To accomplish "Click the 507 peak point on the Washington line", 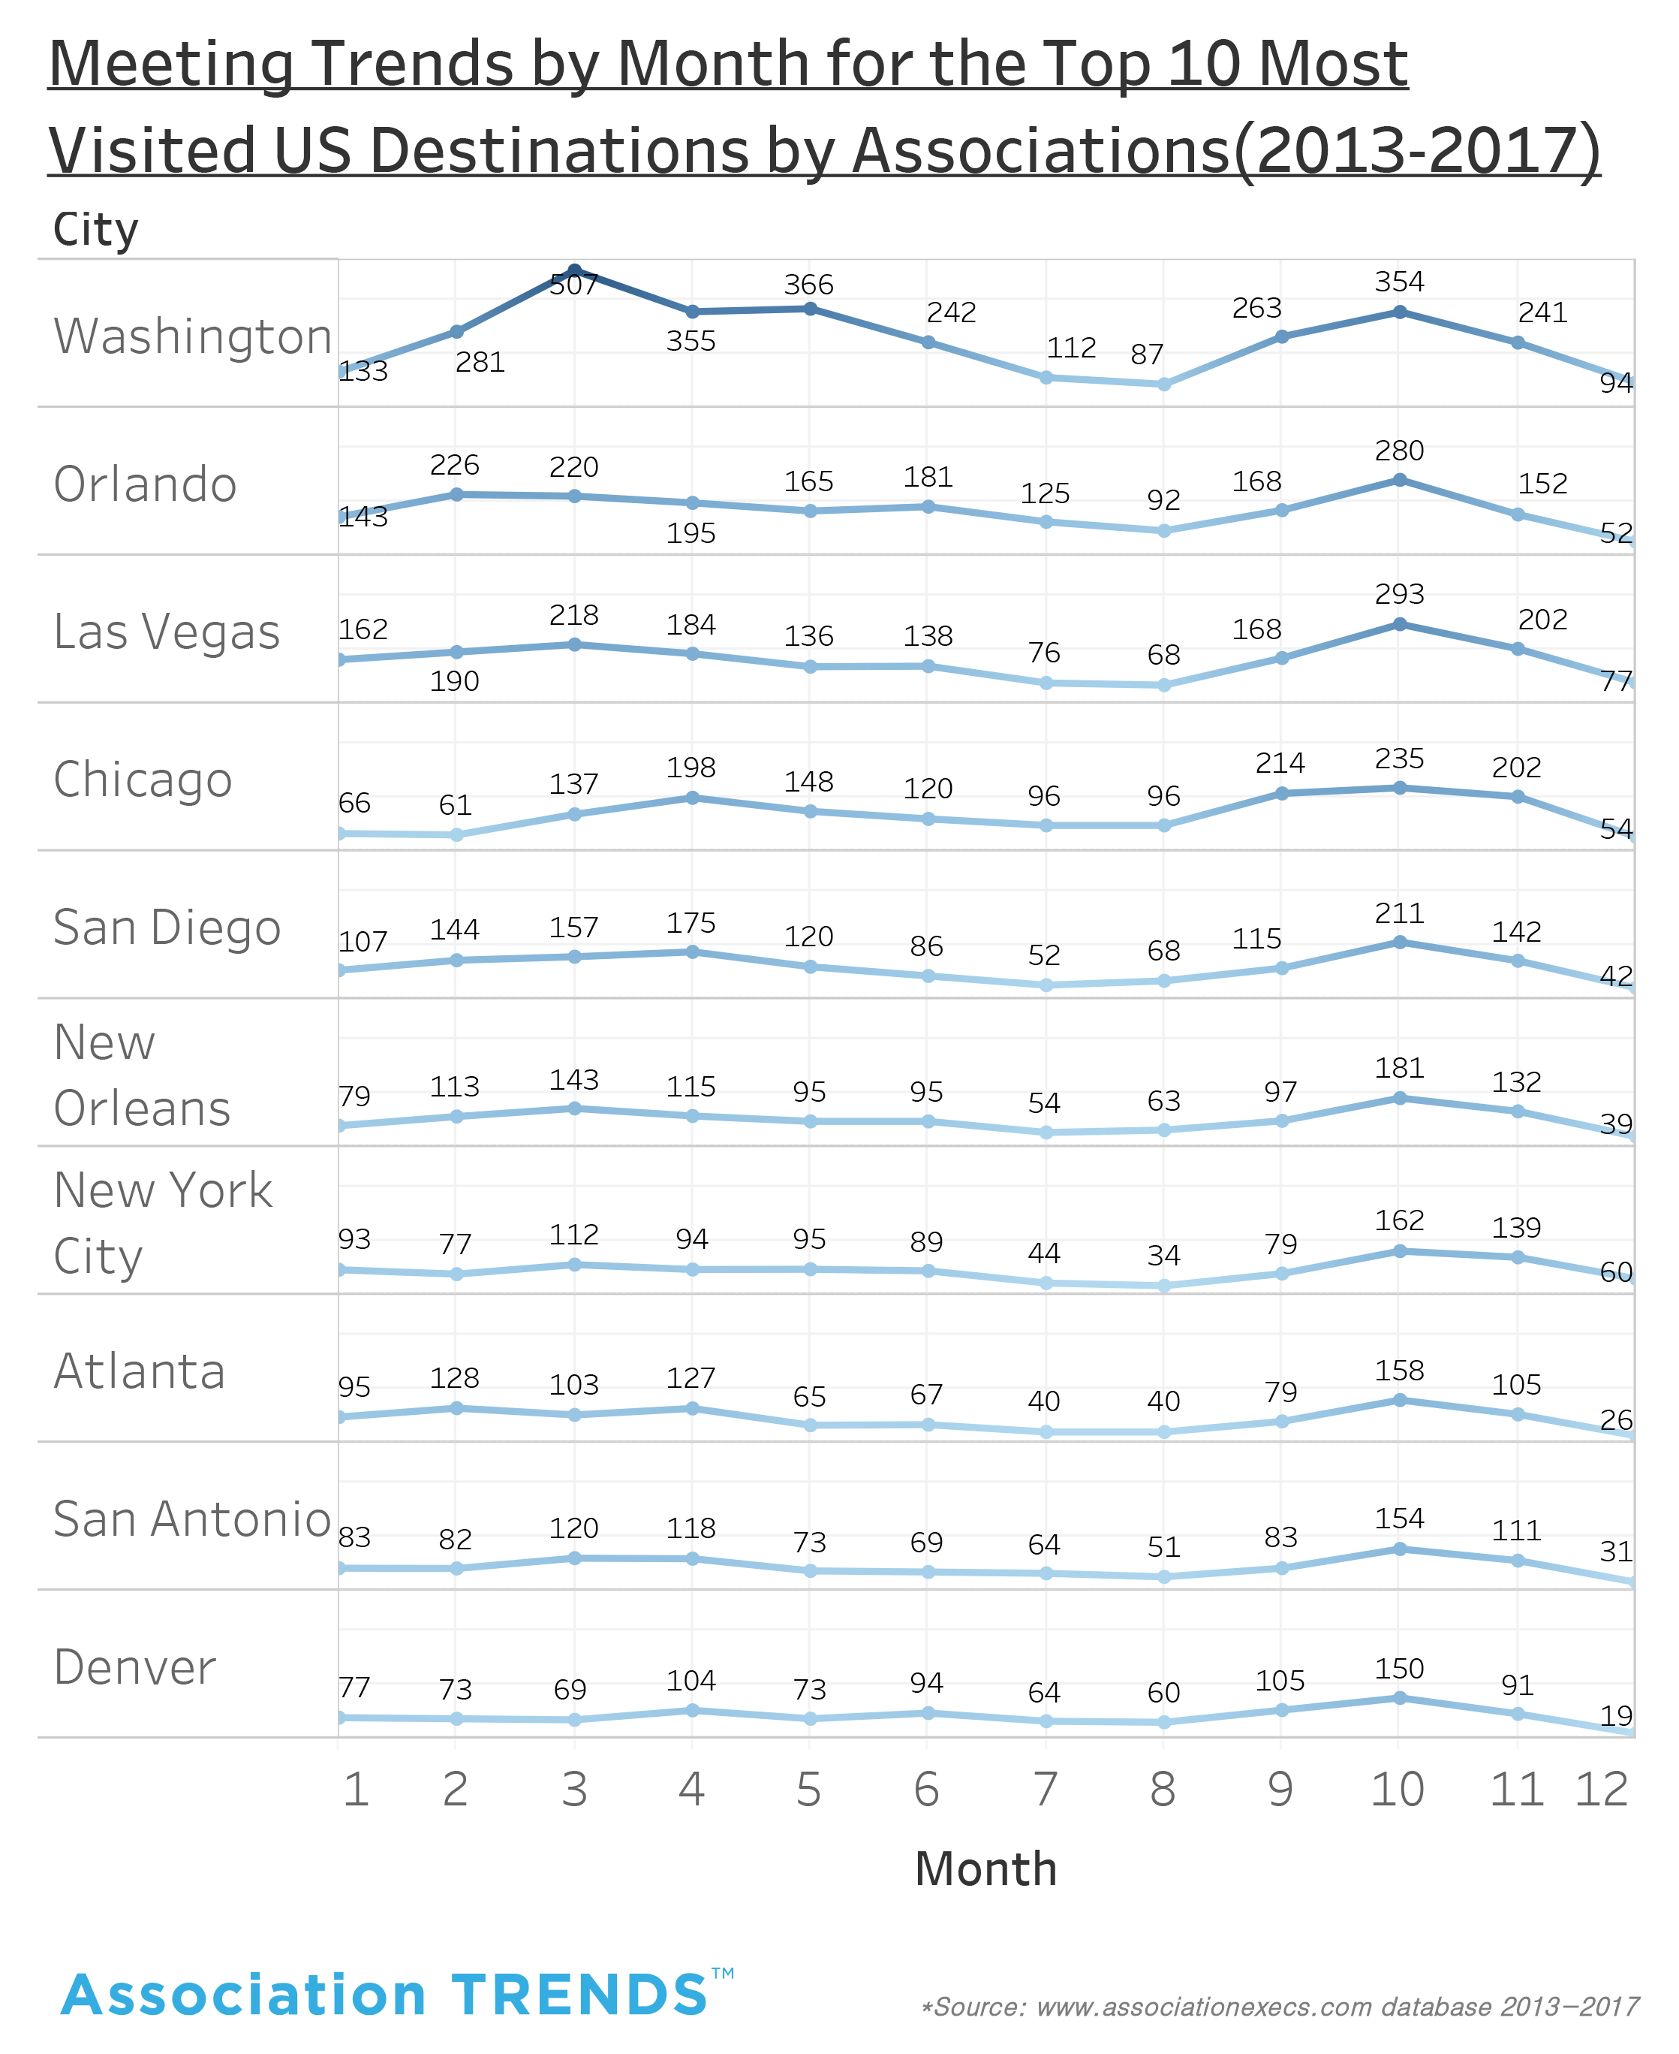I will (574, 270).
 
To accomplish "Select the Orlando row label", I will (145, 484).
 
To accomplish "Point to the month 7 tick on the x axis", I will (1045, 1790).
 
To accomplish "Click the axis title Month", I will (985, 1869).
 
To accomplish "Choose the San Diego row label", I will (167, 927).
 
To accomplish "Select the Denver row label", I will (134, 1668).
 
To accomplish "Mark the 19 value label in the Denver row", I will (1616, 1716).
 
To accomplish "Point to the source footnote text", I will (1279, 2007).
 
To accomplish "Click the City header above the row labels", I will (96, 231).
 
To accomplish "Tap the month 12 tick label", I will (1602, 1790).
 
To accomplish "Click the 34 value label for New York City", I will (1163, 1256).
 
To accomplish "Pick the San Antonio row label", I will (191, 1520).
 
